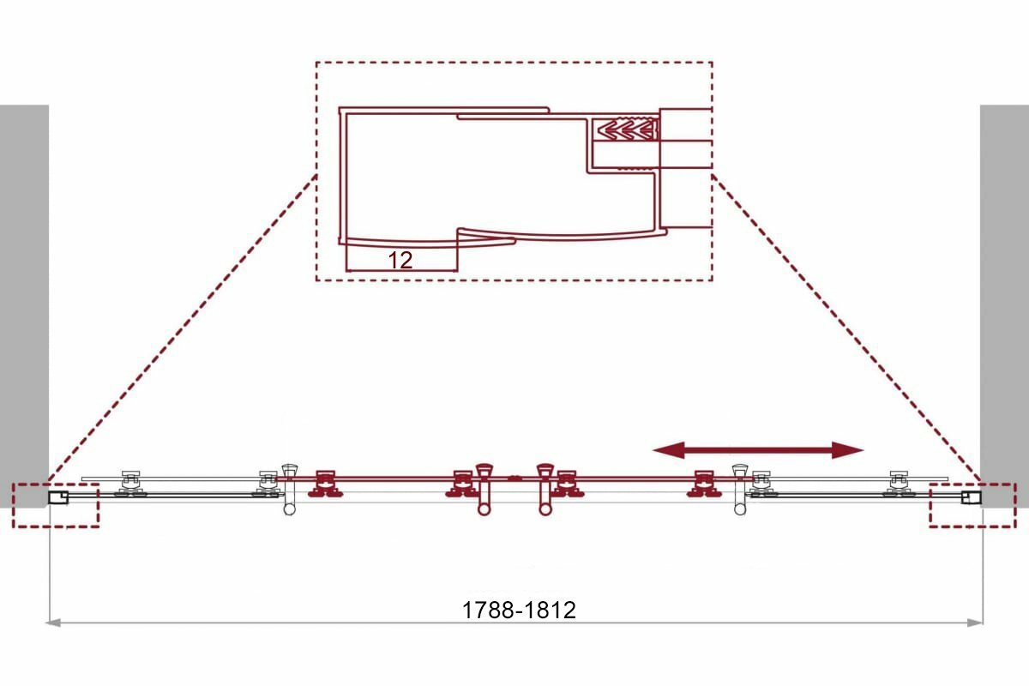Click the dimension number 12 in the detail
(400, 260)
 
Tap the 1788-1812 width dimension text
(519, 610)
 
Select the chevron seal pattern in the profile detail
(625, 130)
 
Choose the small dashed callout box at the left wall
(56, 504)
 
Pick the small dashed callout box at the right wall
(972, 504)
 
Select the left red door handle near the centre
(484, 489)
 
